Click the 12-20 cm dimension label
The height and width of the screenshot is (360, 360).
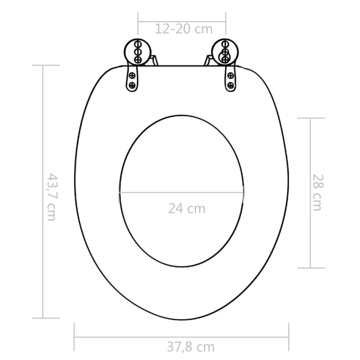point(183,29)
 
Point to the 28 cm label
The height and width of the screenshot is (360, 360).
point(317,193)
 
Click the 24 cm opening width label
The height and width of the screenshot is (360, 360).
point(187,208)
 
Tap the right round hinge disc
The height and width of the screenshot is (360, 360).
point(225,52)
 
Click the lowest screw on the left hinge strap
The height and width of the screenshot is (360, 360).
point(132,85)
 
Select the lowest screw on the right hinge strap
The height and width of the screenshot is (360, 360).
point(231,85)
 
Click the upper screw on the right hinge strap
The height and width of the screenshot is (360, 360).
point(230,75)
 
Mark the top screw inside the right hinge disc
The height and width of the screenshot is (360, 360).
point(225,45)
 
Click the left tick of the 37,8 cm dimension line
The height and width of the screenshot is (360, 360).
point(74,337)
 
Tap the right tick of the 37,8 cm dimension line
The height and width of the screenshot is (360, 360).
point(288,337)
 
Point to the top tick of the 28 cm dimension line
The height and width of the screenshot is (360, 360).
point(310,118)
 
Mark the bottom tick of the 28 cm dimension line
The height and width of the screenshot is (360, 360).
point(310,268)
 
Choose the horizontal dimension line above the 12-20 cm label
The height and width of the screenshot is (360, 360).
point(182,21)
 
